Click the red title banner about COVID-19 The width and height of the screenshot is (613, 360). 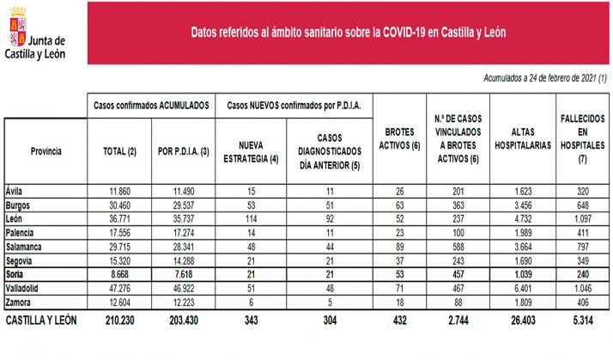point(348,33)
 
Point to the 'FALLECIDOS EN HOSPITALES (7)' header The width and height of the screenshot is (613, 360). point(582,138)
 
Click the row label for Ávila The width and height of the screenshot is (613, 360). point(14,191)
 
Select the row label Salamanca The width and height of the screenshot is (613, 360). point(24,246)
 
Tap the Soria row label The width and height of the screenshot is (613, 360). point(15,273)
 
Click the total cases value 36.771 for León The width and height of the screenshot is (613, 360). point(120,218)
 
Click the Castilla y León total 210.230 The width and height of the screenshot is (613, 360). point(119,320)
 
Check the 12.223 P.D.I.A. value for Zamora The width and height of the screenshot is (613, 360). point(183,301)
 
